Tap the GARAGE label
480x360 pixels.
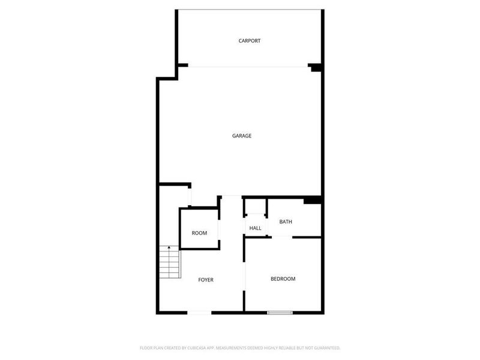pyautogui.click(x=241, y=136)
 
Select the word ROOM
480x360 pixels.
pyautogui.click(x=199, y=233)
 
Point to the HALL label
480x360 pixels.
pyautogui.click(x=255, y=229)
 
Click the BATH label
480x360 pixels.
pyautogui.click(x=286, y=222)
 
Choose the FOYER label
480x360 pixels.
pyautogui.click(x=206, y=280)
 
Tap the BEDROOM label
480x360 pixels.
pyautogui.click(x=283, y=278)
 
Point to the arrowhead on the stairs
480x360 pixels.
pyautogui.click(x=169, y=247)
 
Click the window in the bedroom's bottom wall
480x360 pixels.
pyautogui.click(x=280, y=312)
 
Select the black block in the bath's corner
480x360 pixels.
pyautogui.click(x=313, y=200)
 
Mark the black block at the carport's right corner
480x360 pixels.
pyautogui.click(x=315, y=67)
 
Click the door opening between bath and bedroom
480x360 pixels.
pyautogui.click(x=281, y=237)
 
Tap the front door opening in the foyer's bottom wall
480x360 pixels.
pyautogui.click(x=199, y=312)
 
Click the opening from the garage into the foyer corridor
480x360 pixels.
pyautogui.click(x=231, y=196)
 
